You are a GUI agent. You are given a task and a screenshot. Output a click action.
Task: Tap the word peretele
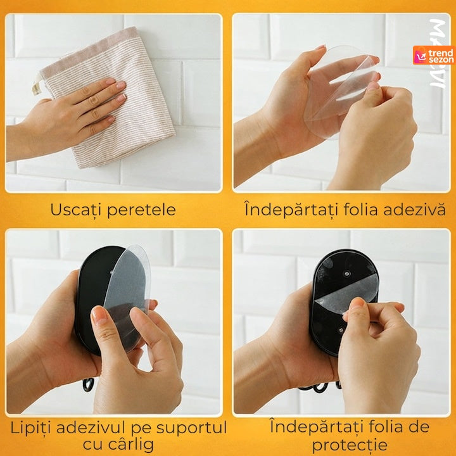click(x=142, y=210)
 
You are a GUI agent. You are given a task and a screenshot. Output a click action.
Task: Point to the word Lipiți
click(x=31, y=427)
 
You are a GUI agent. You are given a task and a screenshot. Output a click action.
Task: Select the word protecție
click(x=350, y=445)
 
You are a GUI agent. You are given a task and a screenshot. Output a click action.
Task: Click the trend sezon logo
click(x=434, y=55)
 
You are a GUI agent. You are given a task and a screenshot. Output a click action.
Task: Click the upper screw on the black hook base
click(x=346, y=274)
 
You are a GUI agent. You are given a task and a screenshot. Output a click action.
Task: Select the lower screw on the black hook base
click(x=341, y=331)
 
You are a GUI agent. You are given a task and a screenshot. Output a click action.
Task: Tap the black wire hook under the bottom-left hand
click(x=88, y=384)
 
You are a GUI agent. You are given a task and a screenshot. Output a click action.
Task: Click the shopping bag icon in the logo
click(x=420, y=55)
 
